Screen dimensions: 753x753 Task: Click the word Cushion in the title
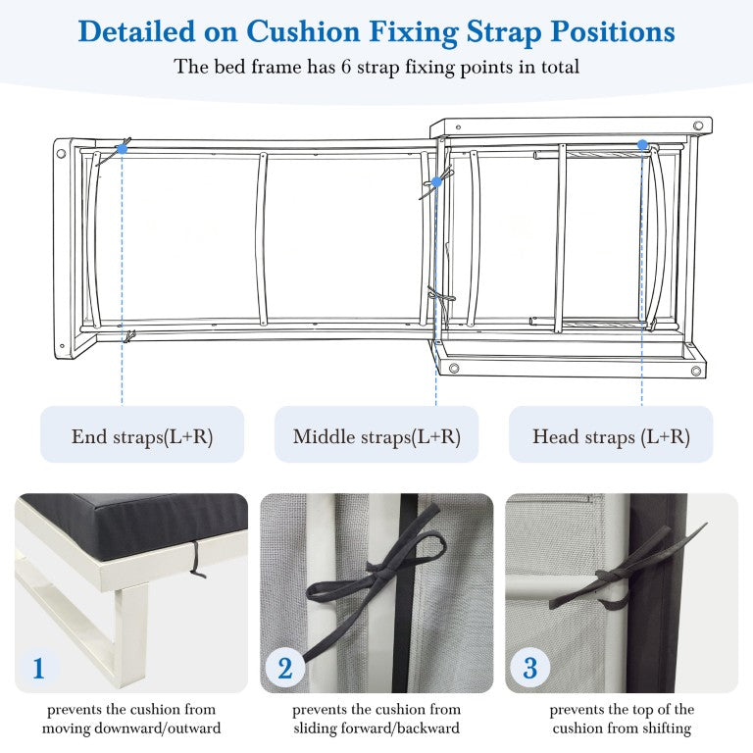[x=303, y=31]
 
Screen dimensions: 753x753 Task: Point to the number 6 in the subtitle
[x=346, y=67]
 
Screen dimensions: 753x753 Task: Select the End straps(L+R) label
[x=142, y=436]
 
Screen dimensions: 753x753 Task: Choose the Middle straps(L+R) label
[x=376, y=436]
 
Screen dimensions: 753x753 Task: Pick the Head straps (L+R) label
[x=611, y=436]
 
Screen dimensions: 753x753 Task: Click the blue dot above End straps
[x=122, y=149]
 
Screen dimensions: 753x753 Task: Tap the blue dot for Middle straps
[x=436, y=182]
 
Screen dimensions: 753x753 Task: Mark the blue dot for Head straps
[x=642, y=144]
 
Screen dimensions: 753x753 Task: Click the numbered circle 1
[x=38, y=668]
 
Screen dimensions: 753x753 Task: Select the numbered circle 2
[x=285, y=668]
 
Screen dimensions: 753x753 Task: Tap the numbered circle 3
[x=529, y=668]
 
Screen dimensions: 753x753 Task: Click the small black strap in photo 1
[x=196, y=560]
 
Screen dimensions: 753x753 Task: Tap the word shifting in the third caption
[x=667, y=728]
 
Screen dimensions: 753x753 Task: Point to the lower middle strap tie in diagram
[x=442, y=299]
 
